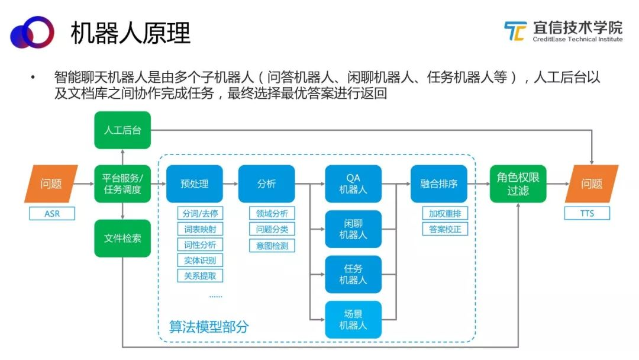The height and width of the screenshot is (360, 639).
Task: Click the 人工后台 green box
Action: [122, 130]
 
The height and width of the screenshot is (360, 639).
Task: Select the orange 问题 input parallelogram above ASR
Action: [51, 184]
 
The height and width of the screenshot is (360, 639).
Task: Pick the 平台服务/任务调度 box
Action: [122, 184]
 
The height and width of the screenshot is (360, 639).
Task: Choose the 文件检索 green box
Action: [122, 238]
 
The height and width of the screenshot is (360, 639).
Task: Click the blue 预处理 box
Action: [195, 184]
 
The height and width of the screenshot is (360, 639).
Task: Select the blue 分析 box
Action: [266, 184]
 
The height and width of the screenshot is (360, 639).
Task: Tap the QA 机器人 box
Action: [353, 184]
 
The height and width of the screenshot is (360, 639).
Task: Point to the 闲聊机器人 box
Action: [353, 229]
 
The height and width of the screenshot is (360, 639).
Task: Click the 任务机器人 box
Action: [353, 274]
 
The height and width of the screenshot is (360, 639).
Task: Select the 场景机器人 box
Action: [353, 320]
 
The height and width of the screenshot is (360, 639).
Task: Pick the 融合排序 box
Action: [439, 184]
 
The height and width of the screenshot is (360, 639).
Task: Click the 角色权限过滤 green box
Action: [518, 184]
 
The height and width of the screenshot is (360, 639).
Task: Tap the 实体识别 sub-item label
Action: [200, 260]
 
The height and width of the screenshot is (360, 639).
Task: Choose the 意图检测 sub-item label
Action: [272, 245]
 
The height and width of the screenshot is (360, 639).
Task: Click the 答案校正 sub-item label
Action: [445, 229]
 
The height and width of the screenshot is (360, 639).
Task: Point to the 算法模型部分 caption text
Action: [209, 327]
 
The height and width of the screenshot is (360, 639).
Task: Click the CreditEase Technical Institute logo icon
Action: [515, 31]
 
